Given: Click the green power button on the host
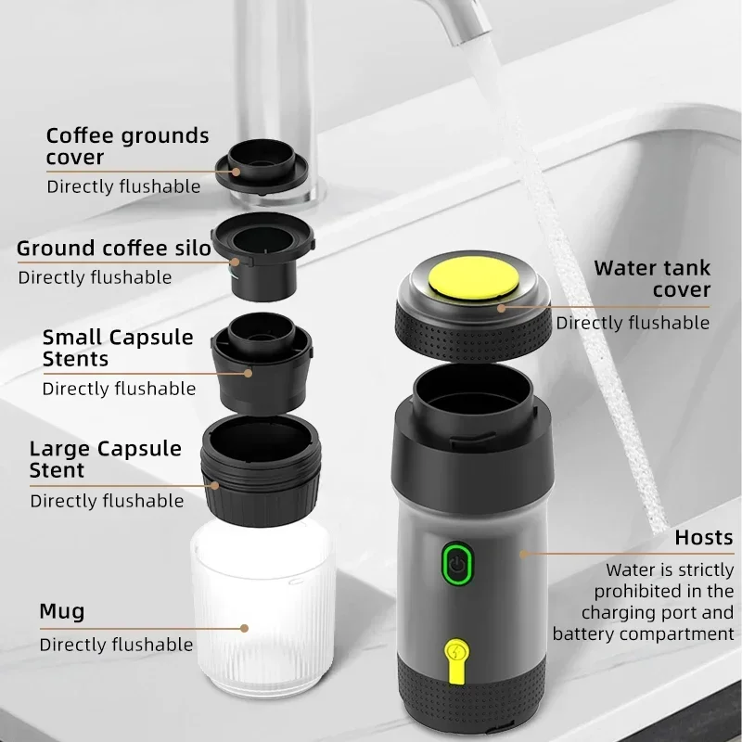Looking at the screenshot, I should coord(454,564).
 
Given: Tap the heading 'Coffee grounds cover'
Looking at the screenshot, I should coord(127,147).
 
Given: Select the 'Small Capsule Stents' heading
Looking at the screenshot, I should coord(118,348).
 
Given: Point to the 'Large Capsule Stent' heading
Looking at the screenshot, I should coord(105,459).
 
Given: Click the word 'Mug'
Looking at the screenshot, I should coord(61,611).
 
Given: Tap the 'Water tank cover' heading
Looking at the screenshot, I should coord(652,279).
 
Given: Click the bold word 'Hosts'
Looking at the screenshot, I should coord(703,537).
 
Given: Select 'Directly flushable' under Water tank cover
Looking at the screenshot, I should coord(633,323).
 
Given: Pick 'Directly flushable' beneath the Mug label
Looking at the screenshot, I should coord(116,645).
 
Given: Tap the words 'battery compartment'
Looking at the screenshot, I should coord(643,634).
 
